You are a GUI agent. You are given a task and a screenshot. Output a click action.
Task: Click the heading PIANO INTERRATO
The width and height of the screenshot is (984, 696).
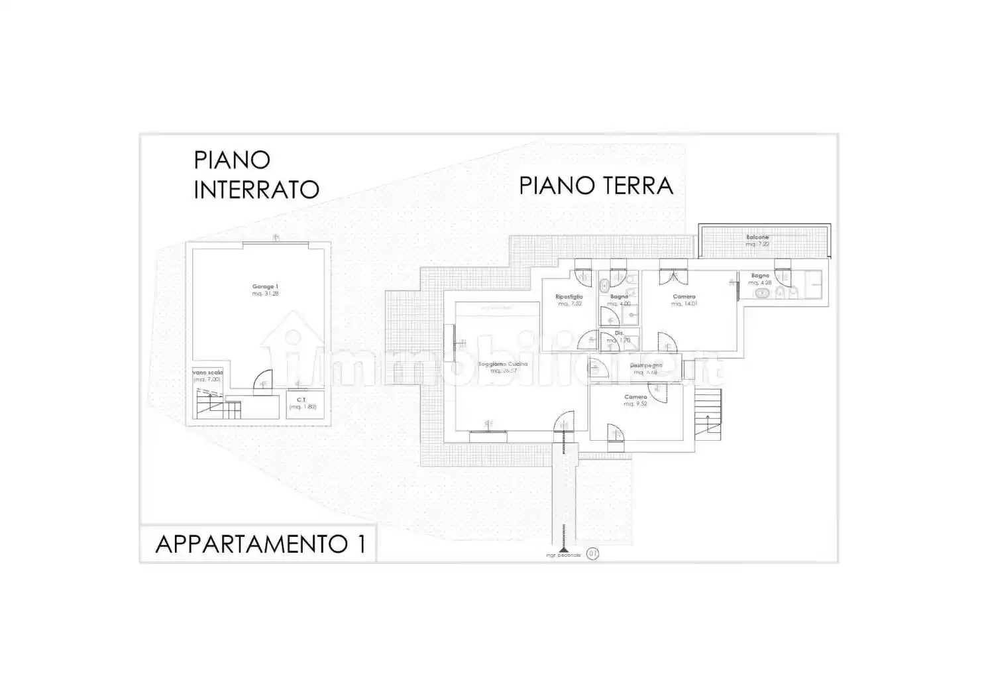click(256, 174)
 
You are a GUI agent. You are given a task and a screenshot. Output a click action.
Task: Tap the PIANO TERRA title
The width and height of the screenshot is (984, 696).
click(596, 186)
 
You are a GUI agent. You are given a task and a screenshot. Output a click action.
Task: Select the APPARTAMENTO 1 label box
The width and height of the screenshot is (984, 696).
click(258, 544)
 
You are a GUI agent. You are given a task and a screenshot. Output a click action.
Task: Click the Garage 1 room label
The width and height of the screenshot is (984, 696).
click(265, 290)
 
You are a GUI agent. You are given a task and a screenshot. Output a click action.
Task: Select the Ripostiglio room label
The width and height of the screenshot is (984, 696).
click(569, 300)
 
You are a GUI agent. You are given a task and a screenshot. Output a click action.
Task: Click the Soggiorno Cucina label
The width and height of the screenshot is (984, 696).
click(504, 367)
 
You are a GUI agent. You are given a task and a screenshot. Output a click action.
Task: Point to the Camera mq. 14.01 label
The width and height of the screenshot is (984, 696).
click(684, 300)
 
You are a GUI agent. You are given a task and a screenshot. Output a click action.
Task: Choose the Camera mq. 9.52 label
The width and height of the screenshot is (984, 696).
click(635, 400)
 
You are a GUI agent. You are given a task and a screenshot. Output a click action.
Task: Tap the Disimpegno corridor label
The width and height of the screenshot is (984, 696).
click(645, 369)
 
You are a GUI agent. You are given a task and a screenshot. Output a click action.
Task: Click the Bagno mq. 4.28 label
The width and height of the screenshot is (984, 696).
click(760, 279)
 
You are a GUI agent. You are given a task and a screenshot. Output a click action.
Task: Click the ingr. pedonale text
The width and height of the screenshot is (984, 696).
click(563, 555)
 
